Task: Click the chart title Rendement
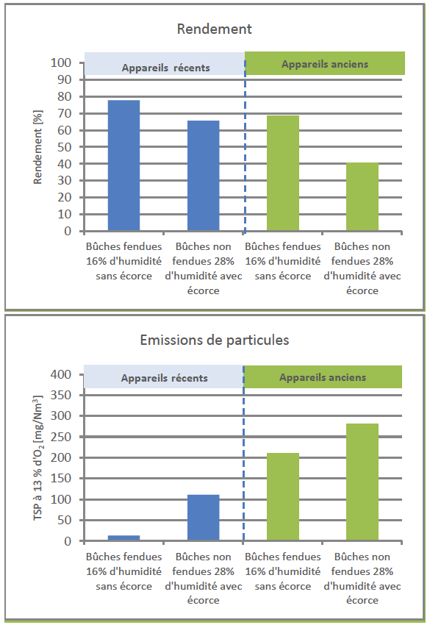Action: [215, 29]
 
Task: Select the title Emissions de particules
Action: [215, 340]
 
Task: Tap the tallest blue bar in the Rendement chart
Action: [124, 165]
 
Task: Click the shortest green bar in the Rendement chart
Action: [362, 196]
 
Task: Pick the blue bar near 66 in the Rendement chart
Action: [204, 176]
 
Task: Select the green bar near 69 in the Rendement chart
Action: [283, 173]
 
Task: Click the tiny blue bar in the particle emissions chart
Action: [124, 538]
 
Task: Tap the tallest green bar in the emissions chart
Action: [362, 482]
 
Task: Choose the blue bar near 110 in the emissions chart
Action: [204, 518]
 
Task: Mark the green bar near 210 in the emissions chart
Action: [283, 497]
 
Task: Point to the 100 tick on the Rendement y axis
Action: [61, 63]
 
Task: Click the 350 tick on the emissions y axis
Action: [61, 395]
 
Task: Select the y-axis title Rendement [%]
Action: [38, 147]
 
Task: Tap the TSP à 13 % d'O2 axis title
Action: [38, 457]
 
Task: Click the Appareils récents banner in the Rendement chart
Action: [165, 64]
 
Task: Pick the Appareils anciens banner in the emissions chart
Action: [323, 376]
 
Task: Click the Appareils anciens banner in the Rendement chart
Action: [325, 63]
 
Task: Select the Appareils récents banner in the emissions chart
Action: [164, 376]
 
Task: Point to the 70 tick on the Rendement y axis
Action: [65, 113]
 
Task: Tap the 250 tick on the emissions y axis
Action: [61, 437]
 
